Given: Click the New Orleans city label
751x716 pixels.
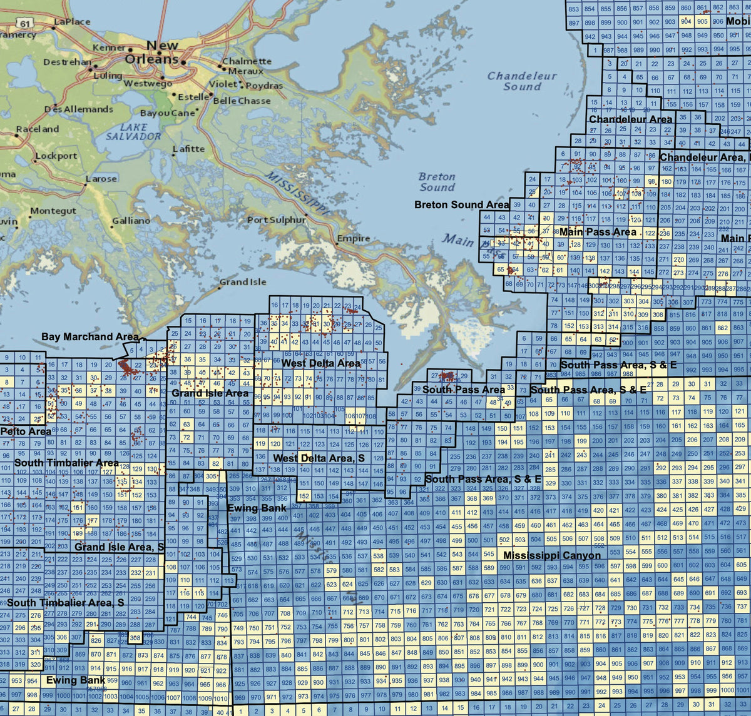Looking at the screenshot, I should coord(153,53).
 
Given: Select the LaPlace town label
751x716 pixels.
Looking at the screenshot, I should coord(72,21).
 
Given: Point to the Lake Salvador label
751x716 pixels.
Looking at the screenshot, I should coord(133,131).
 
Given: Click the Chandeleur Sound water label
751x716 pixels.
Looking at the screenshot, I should coord(522,81).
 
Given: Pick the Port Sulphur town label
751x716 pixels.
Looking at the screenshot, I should coord(277,219).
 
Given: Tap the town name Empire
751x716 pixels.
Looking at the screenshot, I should coord(354,238).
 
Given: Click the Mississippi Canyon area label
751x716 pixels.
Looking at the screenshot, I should coord(552,555).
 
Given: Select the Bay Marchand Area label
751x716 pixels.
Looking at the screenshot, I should coord(90,336).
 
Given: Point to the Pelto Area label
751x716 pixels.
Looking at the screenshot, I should coord(26,431).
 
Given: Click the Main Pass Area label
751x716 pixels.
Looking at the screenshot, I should coord(598,232).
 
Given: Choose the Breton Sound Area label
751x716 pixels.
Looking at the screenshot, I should coord(462,204).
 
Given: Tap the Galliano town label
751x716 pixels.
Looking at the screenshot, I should coord(131,221).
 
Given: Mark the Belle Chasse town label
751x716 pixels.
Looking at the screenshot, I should coord(242,101).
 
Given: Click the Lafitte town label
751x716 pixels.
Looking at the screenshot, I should coord(188,149).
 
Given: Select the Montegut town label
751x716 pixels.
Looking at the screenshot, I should coord(53,211).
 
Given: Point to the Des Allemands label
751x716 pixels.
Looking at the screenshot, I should coord(78,109).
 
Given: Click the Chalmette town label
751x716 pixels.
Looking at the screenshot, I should coord(247,61).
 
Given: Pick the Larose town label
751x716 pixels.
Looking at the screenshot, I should coord(101,179).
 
